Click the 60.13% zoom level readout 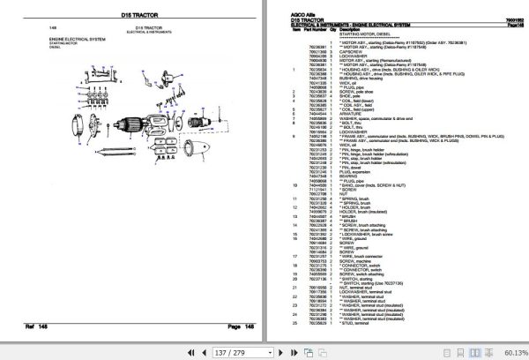(x=510, y=350)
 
